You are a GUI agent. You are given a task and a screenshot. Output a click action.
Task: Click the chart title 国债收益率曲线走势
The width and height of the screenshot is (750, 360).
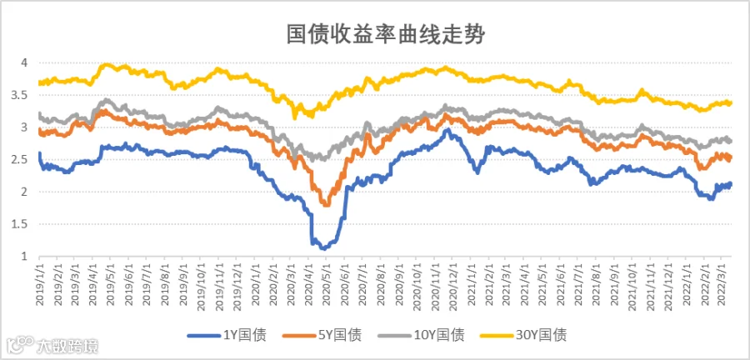(386, 34)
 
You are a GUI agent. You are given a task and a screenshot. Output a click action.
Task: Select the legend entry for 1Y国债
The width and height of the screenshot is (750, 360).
(227, 335)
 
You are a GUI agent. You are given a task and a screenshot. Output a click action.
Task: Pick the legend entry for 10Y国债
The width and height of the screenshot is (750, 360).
(421, 335)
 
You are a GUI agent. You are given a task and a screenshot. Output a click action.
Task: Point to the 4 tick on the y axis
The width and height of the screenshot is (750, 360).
(22, 62)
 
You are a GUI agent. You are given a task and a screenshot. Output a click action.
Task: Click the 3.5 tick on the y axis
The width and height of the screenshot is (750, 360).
(19, 95)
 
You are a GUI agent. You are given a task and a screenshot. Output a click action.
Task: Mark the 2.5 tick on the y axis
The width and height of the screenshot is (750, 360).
(19, 160)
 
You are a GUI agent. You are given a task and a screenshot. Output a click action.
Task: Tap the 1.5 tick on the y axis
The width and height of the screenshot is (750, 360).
(19, 224)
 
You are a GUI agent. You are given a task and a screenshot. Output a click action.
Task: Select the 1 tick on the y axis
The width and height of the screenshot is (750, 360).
(23, 257)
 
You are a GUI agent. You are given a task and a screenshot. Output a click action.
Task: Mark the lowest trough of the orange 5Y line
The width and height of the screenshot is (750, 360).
(327, 205)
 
